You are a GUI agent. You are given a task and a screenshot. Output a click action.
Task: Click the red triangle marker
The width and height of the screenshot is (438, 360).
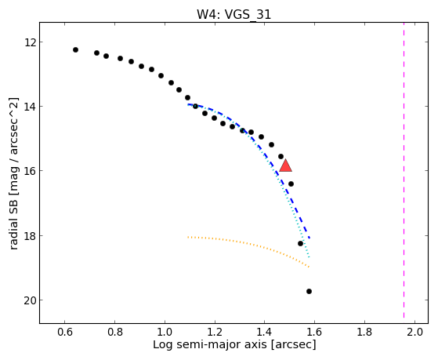[285, 165]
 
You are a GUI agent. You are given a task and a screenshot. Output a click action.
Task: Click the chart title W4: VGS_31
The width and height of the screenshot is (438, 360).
[233, 15]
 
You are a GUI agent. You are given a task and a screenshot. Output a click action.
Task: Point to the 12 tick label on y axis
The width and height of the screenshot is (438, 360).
[30, 42]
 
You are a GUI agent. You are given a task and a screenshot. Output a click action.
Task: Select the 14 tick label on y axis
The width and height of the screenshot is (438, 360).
[30, 107]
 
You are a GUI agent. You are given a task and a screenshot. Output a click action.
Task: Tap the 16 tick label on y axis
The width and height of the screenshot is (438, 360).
[30, 171]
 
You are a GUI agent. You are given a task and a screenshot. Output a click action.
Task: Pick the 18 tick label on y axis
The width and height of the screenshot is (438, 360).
[30, 236]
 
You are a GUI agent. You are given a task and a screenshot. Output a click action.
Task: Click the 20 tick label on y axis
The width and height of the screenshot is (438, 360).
[30, 300]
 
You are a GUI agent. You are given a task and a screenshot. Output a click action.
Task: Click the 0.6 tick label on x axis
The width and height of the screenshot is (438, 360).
[65, 332]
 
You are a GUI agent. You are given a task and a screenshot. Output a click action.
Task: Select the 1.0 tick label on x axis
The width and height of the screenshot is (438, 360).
[165, 332]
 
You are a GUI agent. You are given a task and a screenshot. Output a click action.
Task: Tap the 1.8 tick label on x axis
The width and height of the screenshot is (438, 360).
[365, 332]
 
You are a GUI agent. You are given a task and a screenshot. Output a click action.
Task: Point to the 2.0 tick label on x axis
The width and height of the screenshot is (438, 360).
[414, 332]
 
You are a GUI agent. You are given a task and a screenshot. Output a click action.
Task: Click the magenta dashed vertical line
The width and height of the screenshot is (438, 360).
[404, 170]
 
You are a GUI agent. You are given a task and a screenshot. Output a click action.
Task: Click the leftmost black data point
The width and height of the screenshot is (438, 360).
[75, 49]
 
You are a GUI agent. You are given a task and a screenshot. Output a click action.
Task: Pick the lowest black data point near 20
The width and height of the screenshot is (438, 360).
[309, 292]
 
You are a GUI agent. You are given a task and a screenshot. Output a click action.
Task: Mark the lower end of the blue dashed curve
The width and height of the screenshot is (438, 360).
[309, 238]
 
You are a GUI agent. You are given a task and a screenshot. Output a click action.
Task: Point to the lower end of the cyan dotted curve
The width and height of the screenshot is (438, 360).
[309, 256]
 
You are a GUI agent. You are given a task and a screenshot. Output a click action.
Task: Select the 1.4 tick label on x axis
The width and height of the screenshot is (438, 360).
[265, 332]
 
